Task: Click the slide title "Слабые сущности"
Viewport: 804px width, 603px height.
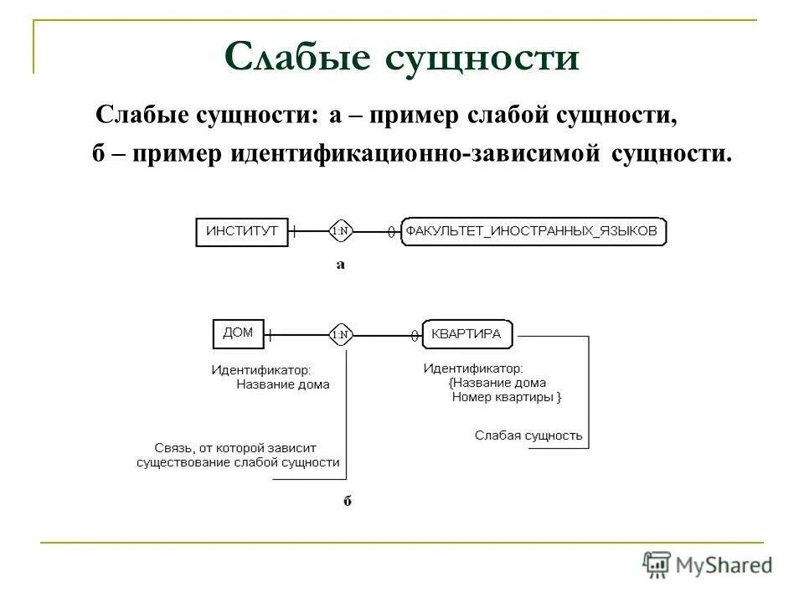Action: tap(401, 59)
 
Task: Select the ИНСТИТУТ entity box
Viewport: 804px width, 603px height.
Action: tap(241, 231)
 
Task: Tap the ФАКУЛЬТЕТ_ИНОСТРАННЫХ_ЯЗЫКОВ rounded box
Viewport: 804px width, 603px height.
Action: tap(533, 231)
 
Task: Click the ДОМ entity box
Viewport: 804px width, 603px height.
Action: tap(238, 333)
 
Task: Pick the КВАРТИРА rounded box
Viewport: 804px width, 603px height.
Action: tap(467, 334)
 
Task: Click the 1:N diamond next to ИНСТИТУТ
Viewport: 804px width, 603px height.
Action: tap(341, 230)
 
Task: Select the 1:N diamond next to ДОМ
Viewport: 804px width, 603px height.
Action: tap(341, 335)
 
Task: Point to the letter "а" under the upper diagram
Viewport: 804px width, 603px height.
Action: tap(341, 265)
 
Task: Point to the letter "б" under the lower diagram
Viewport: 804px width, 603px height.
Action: tap(347, 501)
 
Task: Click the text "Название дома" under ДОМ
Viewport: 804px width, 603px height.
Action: tap(282, 384)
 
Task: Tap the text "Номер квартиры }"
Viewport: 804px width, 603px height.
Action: tap(507, 397)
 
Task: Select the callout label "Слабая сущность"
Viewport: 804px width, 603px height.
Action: tap(528, 435)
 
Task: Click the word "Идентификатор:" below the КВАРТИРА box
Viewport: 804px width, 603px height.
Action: tap(473, 368)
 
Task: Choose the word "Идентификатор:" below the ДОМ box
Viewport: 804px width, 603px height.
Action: tap(260, 368)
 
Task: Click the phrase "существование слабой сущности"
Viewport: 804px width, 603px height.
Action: tap(238, 461)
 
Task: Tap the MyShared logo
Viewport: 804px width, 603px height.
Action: tap(708, 564)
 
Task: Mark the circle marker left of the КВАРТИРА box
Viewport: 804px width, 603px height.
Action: tap(414, 336)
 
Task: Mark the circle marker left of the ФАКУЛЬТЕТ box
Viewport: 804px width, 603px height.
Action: tap(391, 232)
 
